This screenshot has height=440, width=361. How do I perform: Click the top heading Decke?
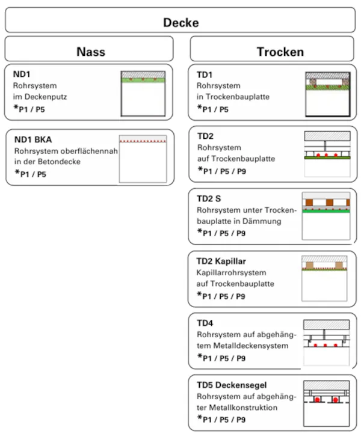coord(180,23)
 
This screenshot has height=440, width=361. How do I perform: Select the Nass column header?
coord(91,51)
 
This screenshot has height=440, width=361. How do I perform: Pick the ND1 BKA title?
coord(33,139)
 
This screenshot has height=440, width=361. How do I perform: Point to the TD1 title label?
coord(205,74)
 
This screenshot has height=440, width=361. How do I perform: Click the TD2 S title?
coord(210,198)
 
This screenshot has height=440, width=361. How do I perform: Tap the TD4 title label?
coord(205,323)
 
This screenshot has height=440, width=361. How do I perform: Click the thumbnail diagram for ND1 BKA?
coord(143,158)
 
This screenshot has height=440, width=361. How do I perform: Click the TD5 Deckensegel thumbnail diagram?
coord(326,404)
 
